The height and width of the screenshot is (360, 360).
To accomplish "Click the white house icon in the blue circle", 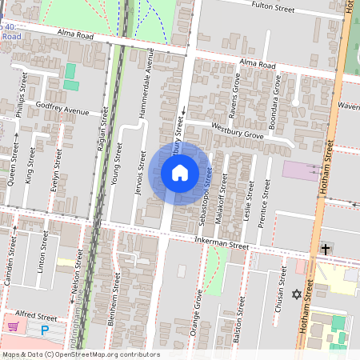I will tap(179, 172).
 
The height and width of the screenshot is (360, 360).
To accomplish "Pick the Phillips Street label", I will tap(23, 96).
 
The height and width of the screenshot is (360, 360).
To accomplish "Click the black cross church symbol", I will tap(326, 250).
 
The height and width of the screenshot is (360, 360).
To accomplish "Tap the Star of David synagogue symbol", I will tap(297, 294).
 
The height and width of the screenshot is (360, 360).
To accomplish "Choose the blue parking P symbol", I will tap(45, 329).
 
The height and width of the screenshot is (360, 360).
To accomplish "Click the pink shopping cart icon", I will tap(14, 326).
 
